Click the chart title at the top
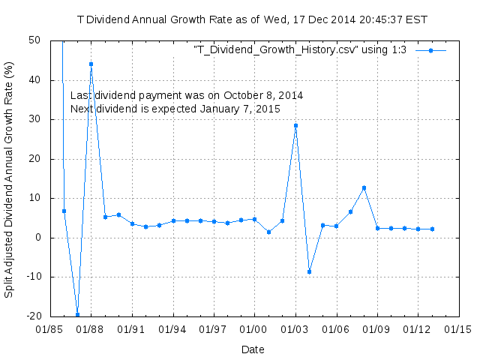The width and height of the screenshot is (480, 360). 252,19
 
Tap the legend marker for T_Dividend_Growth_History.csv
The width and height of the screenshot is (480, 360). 430,50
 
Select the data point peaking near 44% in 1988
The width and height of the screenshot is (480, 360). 91,64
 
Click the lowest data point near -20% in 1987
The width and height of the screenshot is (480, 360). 77,314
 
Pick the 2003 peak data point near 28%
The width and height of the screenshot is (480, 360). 295,125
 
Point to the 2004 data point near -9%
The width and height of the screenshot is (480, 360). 309,271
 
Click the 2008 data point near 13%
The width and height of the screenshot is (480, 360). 364,187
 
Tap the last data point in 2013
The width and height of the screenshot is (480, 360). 432,229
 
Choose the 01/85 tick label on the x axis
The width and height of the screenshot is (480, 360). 49,329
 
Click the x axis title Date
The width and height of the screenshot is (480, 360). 253,349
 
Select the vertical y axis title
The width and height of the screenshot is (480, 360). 9,178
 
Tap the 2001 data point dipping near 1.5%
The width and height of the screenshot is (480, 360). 268,232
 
